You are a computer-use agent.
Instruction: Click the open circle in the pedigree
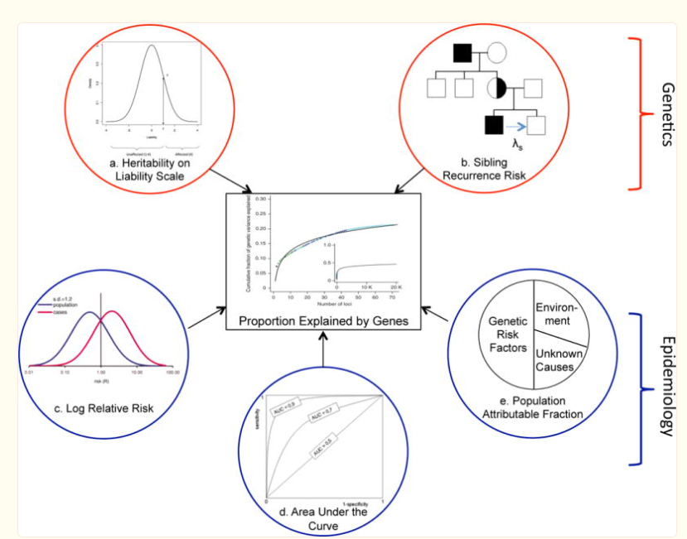point(496,54)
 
